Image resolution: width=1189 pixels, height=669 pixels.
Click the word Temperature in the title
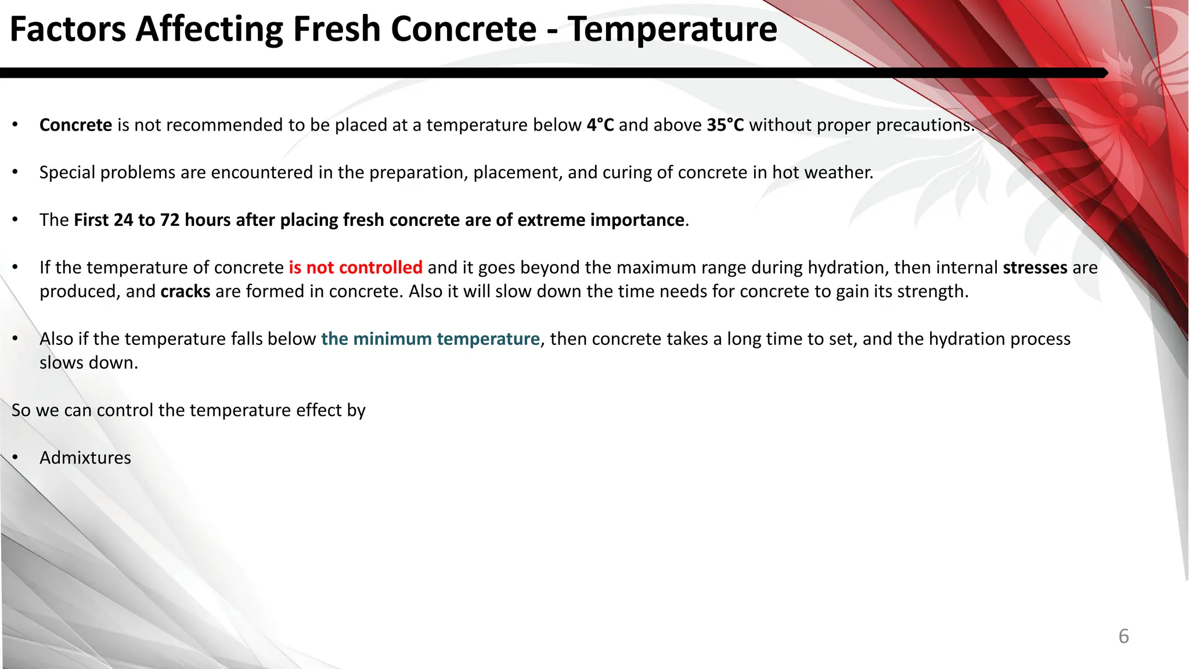672,29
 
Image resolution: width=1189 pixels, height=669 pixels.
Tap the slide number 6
1123,636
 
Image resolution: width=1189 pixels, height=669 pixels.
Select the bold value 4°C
600,125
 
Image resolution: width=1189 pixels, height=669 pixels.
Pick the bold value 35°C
725,125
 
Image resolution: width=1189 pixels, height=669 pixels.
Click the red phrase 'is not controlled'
355,268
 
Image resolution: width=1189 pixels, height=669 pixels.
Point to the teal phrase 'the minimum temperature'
430,339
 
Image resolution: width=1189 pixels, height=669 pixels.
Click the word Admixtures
85,458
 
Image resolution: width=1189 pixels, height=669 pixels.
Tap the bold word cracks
185,292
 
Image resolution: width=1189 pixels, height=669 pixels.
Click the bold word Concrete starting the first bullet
75,125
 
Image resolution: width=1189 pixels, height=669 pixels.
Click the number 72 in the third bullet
170,220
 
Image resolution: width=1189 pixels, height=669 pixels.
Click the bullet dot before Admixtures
16,458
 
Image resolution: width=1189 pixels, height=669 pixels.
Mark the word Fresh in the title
336,29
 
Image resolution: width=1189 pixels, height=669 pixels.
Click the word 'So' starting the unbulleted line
21,411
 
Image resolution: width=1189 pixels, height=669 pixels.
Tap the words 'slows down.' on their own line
89,363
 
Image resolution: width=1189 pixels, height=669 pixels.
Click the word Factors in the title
68,29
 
